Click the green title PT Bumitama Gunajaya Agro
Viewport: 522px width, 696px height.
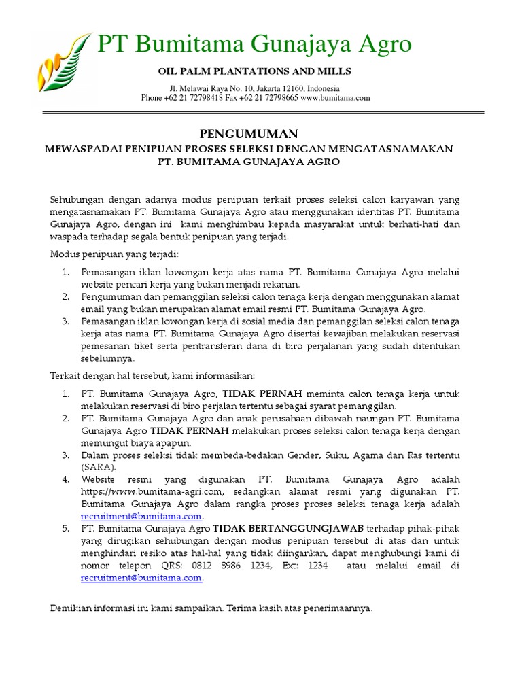[255, 45]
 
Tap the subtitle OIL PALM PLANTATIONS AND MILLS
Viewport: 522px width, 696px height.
[255, 71]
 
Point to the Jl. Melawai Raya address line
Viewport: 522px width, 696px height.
[255, 88]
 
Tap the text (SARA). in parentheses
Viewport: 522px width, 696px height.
[99, 467]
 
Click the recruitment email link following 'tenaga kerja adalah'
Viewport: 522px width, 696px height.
[141, 517]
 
